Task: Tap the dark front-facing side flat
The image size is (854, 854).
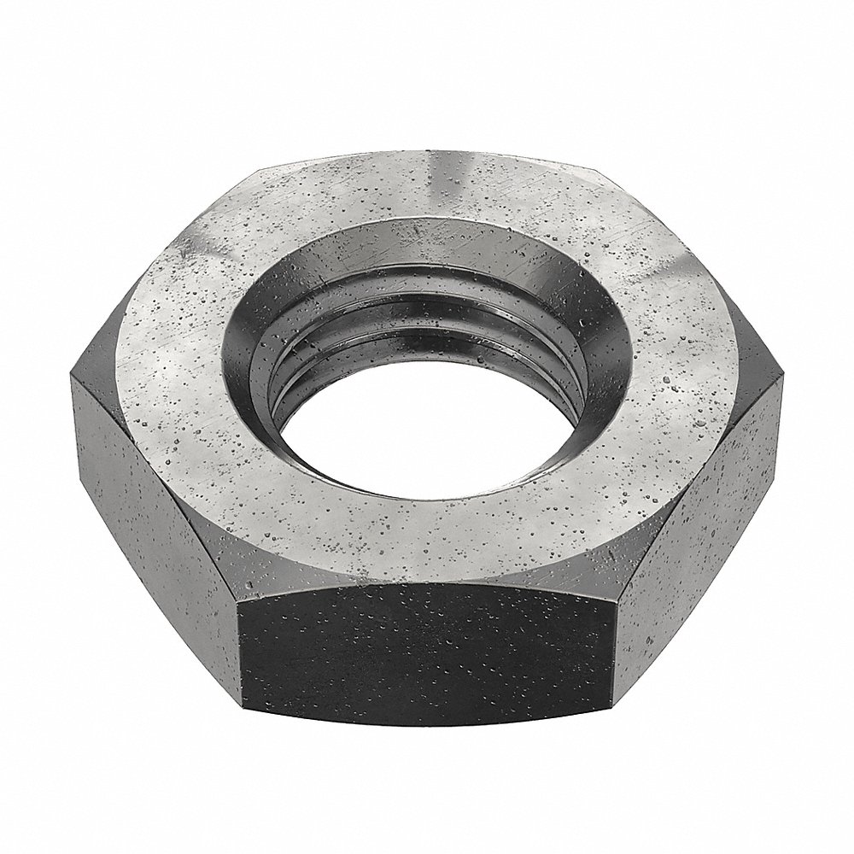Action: (x=427, y=649)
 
